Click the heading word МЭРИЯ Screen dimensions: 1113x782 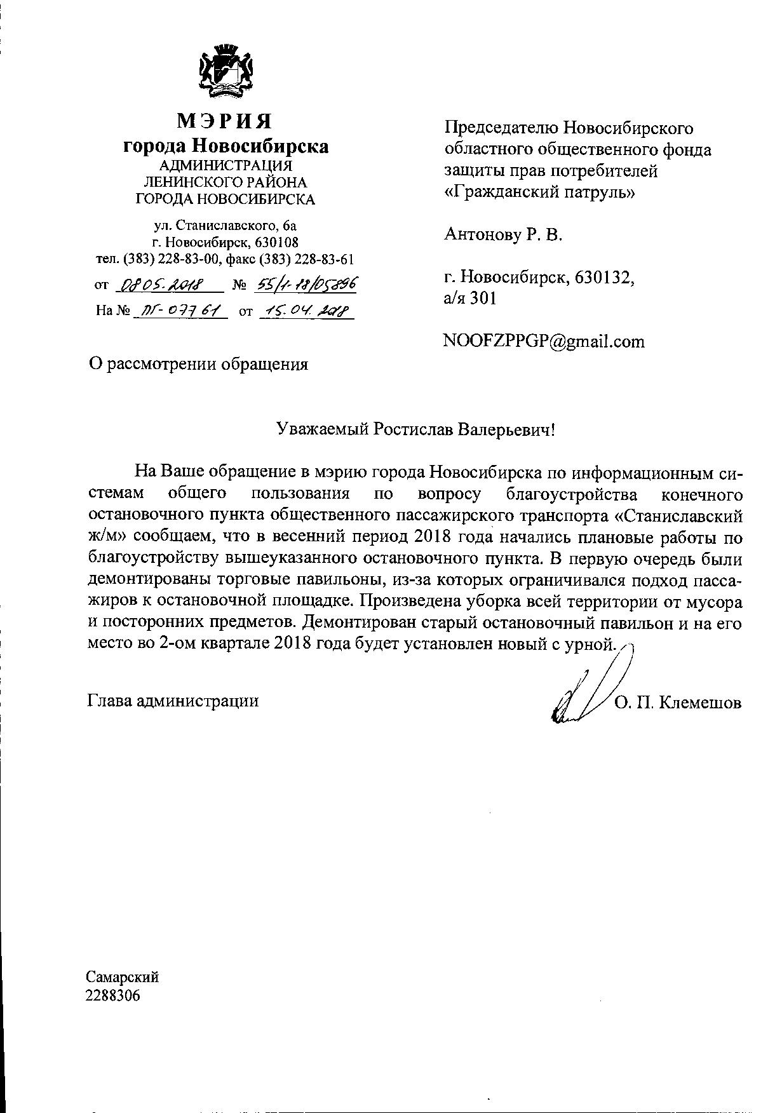(x=225, y=121)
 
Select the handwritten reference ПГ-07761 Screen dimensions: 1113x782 (x=180, y=311)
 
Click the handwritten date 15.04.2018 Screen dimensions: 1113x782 (x=306, y=311)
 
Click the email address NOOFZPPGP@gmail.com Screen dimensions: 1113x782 (x=544, y=342)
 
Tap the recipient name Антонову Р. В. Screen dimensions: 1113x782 (x=503, y=235)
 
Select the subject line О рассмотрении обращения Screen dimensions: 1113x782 (x=198, y=364)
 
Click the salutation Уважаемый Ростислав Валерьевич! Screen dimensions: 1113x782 (x=415, y=429)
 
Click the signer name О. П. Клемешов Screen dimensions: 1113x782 (x=678, y=703)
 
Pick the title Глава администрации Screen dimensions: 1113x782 (x=173, y=701)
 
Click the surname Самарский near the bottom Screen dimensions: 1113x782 (x=122, y=976)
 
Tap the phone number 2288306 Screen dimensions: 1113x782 (x=113, y=995)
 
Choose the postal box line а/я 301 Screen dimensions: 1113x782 (x=470, y=298)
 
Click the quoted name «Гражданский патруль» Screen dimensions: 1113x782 (x=539, y=192)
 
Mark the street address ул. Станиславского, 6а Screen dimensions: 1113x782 (x=226, y=225)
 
